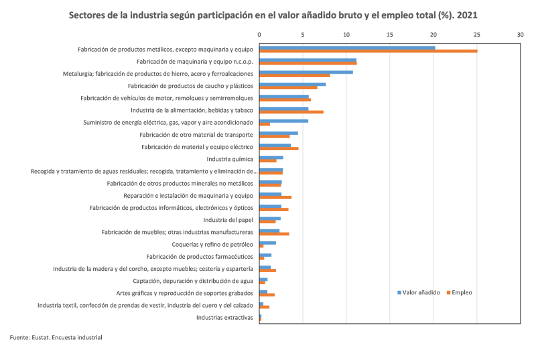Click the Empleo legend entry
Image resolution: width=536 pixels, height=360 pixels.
(462, 292)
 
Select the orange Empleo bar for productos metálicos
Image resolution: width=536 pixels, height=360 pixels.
(368, 51)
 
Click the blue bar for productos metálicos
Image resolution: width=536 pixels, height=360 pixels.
(346, 47)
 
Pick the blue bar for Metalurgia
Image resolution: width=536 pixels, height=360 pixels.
(306, 72)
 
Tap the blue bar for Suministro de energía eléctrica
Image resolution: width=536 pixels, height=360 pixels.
(283, 121)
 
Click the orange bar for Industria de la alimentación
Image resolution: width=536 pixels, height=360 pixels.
(291, 112)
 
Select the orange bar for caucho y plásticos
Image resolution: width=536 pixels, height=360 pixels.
(288, 88)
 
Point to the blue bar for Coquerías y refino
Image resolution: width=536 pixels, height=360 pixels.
(268, 243)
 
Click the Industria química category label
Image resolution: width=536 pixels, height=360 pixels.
(230, 159)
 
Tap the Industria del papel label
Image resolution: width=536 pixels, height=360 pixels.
(228, 220)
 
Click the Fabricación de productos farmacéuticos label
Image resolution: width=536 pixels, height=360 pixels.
(200, 256)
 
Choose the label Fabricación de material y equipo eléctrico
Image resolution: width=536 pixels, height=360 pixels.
(197, 147)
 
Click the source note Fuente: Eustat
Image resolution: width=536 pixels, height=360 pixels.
(56, 337)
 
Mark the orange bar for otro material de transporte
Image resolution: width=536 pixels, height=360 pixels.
(275, 137)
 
